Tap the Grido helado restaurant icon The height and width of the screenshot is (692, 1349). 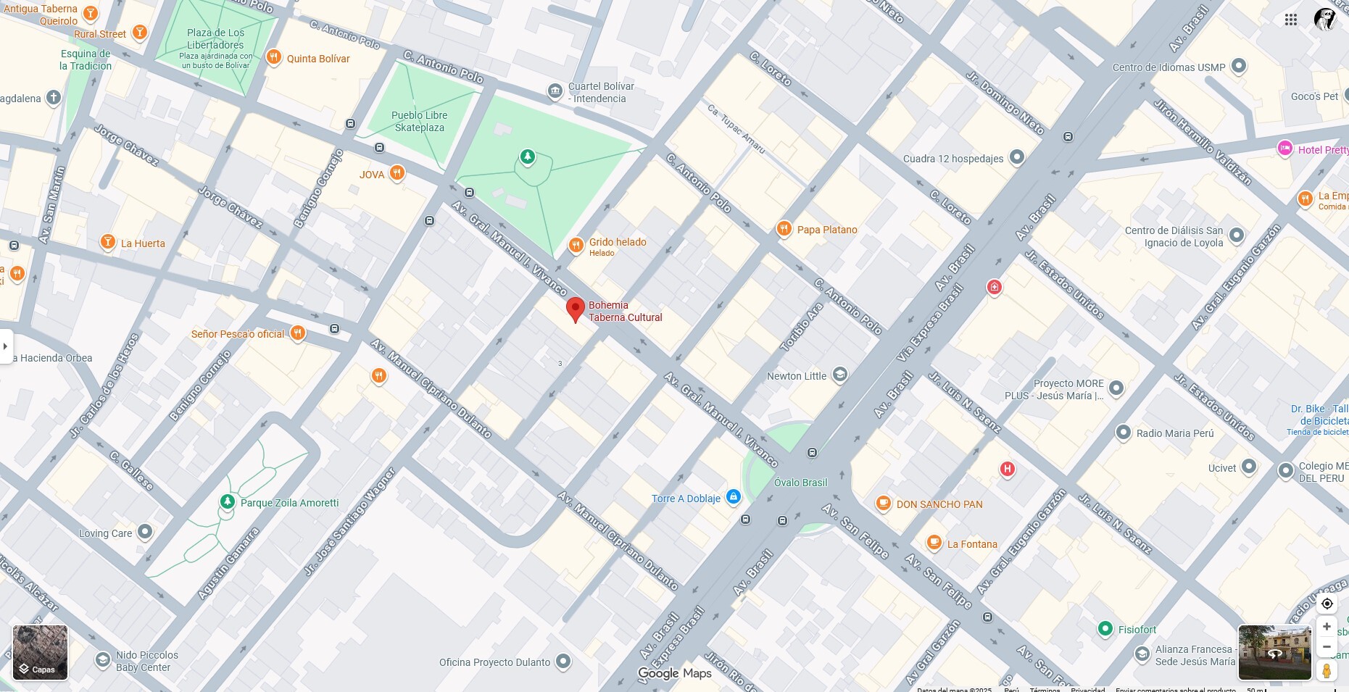pyautogui.click(x=576, y=245)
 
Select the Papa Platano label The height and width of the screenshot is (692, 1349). pyautogui.click(x=826, y=230)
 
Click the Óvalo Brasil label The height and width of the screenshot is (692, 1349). pyautogui.click(x=800, y=483)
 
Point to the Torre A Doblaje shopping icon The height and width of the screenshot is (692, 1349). pyautogui.click(x=733, y=497)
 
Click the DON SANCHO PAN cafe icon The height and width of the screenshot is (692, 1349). pyautogui.click(x=883, y=504)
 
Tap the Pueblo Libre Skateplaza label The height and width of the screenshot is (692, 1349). pyautogui.click(x=419, y=121)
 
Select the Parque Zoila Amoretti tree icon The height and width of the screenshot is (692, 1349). pyautogui.click(x=228, y=502)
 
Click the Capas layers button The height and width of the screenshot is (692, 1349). pyautogui.click(x=40, y=653)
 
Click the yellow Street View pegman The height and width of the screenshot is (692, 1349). pyautogui.click(x=1327, y=670)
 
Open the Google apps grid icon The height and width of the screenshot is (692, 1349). pyautogui.click(x=1291, y=20)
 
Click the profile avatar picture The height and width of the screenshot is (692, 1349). pyautogui.click(x=1325, y=20)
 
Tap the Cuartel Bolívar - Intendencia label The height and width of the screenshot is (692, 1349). pyautogui.click(x=601, y=92)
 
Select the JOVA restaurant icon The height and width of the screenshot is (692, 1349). pyautogui.click(x=397, y=173)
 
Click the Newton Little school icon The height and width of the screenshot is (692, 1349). pyautogui.click(x=840, y=375)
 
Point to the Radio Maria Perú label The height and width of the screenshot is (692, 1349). pyautogui.click(x=1174, y=433)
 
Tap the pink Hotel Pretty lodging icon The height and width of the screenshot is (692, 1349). pyautogui.click(x=1285, y=149)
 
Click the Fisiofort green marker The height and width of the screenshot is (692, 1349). pyautogui.click(x=1105, y=629)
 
